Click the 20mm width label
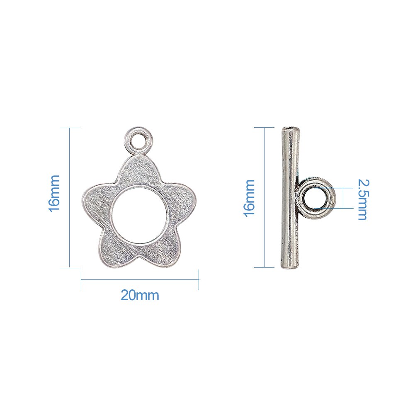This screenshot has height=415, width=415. [x=140, y=296]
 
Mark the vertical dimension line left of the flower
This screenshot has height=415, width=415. [x=69, y=198]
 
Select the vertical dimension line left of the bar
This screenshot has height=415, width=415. [x=264, y=198]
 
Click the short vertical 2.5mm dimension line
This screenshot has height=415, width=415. [x=344, y=198]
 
